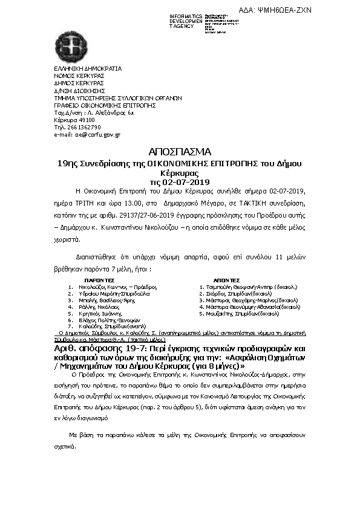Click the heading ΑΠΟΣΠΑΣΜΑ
click(179, 151)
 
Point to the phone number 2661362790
click(82, 127)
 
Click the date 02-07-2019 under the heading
click(187, 181)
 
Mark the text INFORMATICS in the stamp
click(186, 16)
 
